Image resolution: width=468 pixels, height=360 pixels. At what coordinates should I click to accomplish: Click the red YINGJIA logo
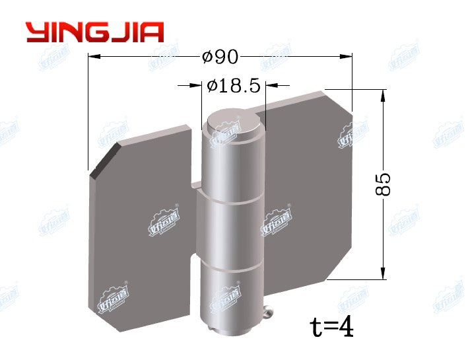coord(94,32)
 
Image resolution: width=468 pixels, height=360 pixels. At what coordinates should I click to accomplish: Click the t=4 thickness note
coord(332,326)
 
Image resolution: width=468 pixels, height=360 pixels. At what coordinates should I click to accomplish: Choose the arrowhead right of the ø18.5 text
coord(271,85)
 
